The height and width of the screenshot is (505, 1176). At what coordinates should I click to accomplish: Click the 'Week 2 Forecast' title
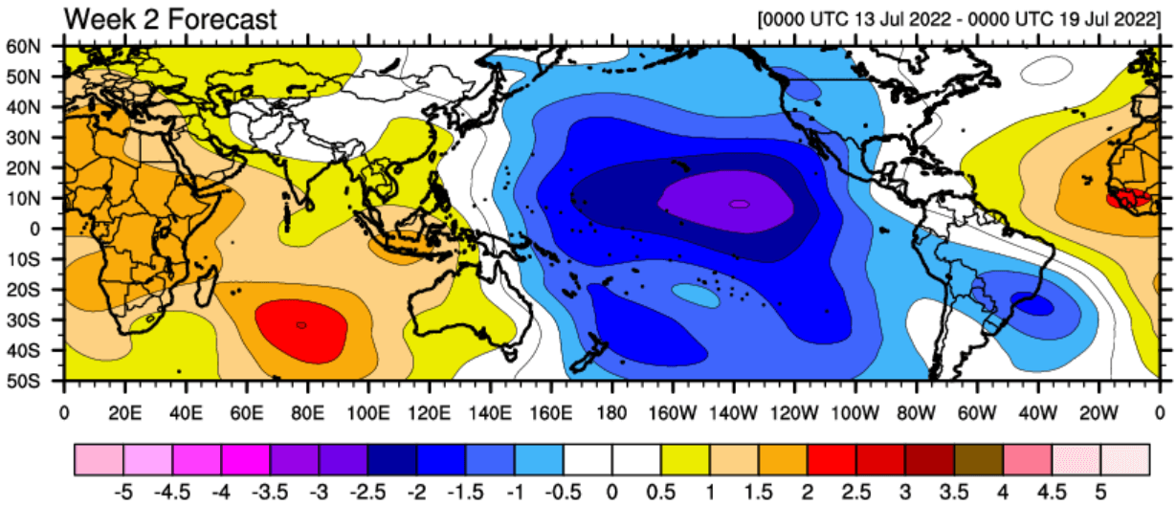tap(170, 18)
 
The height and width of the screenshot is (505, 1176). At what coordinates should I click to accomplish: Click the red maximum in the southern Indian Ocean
tap(300, 326)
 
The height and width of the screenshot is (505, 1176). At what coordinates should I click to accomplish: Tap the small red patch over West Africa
tap(1129, 200)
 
